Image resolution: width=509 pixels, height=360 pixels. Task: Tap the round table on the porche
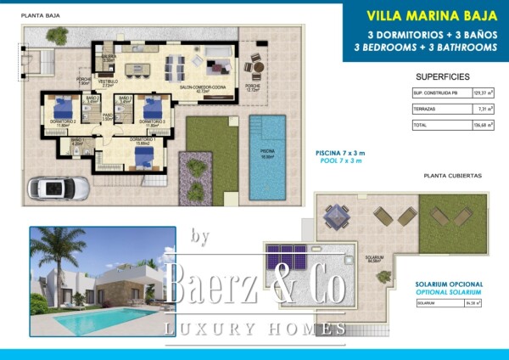pos(254,65)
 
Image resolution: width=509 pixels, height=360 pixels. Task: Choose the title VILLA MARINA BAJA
pos(421,14)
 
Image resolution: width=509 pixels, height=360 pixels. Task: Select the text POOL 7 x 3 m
pos(340,159)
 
